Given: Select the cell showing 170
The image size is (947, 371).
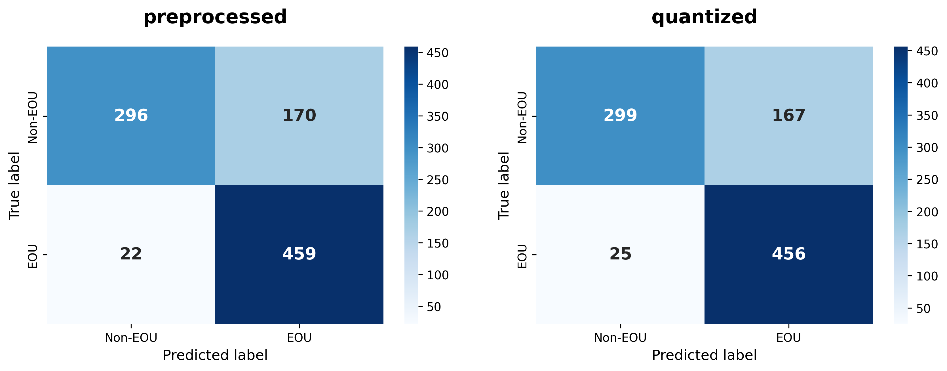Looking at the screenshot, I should [x=299, y=116].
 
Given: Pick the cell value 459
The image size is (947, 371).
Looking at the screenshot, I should [x=299, y=254].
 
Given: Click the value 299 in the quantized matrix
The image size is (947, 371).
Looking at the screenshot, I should [x=620, y=116].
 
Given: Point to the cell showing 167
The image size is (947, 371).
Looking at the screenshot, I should [x=788, y=116].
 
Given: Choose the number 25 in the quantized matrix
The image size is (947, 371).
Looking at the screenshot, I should [x=620, y=254].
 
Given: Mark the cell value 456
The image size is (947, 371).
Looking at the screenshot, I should [x=788, y=254].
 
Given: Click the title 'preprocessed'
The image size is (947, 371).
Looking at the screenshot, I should [x=215, y=17].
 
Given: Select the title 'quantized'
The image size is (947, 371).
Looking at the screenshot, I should [x=704, y=17].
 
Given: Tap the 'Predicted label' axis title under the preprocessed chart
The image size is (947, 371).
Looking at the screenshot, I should [x=215, y=355].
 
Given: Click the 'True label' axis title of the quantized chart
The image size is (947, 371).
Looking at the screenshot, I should [x=504, y=186].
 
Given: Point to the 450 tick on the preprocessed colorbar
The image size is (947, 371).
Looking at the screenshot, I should [x=437, y=53].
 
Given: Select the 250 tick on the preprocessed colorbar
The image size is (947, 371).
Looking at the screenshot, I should [x=437, y=180].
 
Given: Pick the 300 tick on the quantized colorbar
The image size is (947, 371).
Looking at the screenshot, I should [x=927, y=148].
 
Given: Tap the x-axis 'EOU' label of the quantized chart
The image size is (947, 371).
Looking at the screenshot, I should [x=788, y=338].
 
